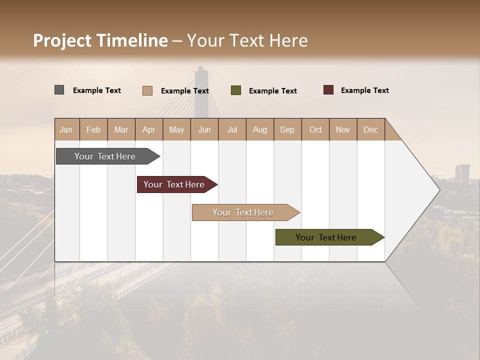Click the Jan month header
coord(66,130)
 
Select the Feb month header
coord(93,130)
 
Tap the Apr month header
coord(148,130)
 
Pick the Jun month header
coord(204,130)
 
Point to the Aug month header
coord(260,130)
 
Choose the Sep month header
coord(287,130)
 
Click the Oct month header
coord(315,130)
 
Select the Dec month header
coord(370,130)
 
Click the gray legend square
coord(59,90)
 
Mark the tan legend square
coord(147,90)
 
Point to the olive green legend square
coord(236,90)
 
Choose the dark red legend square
coord(328,90)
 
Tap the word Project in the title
coord(62,40)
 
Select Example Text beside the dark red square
coord(364,90)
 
